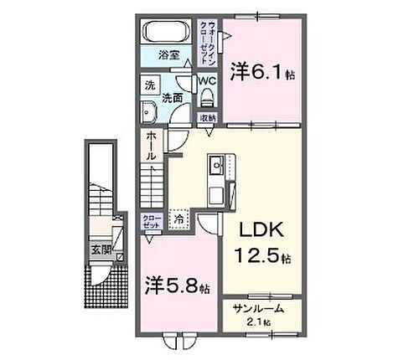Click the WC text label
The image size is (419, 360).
207,81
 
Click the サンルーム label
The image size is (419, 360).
256,308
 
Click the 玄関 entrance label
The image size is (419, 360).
101,249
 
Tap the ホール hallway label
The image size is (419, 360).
149,147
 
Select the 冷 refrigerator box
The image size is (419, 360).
178,219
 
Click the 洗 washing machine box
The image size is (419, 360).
149,85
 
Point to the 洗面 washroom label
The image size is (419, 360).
175,97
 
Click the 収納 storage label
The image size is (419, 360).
207,118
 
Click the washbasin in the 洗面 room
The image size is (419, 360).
150,114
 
